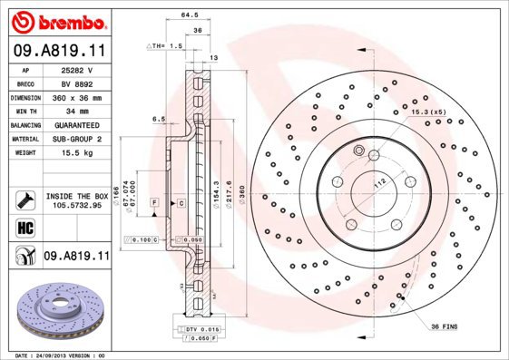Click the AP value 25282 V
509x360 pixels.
(78, 70)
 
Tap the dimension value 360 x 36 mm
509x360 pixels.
(78, 95)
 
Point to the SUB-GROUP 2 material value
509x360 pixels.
(78, 139)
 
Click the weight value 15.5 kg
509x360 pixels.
(78, 155)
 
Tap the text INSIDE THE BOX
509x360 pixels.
(78, 196)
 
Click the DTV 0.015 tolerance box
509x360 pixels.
(193, 329)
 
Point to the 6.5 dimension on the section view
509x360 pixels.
(158, 118)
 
